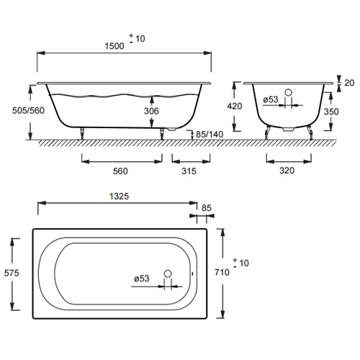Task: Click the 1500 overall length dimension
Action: (x=114, y=46)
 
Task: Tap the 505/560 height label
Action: (x=28, y=110)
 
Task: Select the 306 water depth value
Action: (x=151, y=111)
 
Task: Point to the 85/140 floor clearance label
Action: (x=210, y=134)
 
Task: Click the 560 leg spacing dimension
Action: (x=120, y=171)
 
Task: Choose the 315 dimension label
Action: (x=189, y=171)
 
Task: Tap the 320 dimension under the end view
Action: (x=287, y=171)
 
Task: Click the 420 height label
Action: (x=235, y=106)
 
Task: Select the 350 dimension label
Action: (x=331, y=112)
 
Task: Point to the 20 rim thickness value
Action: (x=349, y=83)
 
